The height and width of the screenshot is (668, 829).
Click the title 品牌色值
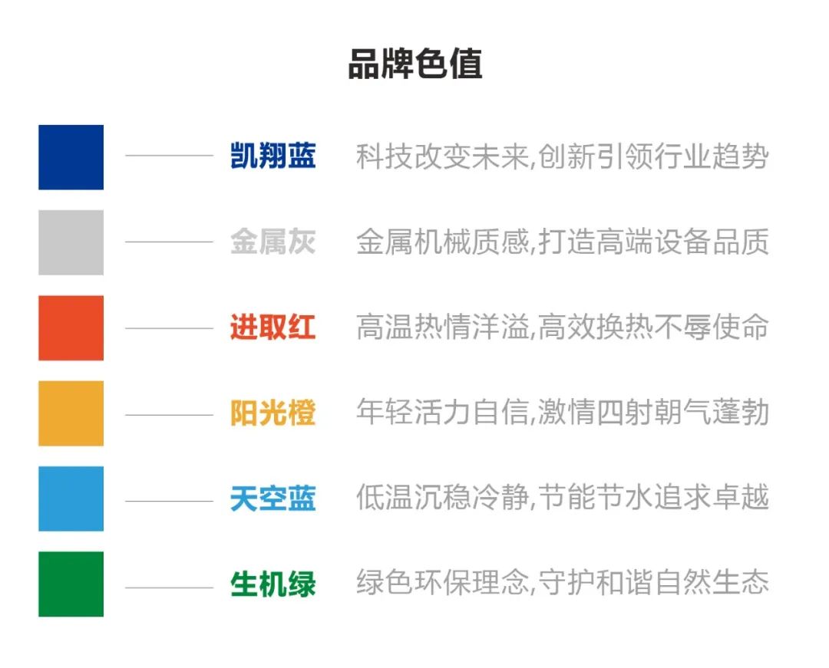point(415,64)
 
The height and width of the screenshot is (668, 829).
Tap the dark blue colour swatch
point(71,156)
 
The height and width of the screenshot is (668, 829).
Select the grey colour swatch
point(71,242)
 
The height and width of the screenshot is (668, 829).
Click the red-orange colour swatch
point(71,328)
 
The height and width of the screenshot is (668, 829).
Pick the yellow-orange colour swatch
point(71,413)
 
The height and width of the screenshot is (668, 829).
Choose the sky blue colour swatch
point(71,499)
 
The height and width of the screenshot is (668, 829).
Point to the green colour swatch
point(71,584)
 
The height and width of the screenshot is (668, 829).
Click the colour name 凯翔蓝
point(272,156)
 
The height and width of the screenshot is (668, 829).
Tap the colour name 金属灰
point(272,242)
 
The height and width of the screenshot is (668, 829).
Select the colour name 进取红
point(272,327)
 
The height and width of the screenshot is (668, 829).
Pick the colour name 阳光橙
point(272,413)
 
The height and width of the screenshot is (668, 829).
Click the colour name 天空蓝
point(272,499)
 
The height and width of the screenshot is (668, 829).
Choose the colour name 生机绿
point(272,584)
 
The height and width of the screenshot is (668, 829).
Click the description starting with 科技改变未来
point(563,156)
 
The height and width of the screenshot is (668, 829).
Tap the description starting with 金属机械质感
point(563,242)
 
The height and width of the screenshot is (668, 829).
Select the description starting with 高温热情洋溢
point(563,327)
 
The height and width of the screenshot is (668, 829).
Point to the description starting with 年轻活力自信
point(563,413)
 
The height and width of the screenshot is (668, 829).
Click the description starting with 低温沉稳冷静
point(563,498)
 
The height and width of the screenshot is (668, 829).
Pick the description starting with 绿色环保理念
point(563,582)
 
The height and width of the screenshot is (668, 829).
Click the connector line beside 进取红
point(169,328)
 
